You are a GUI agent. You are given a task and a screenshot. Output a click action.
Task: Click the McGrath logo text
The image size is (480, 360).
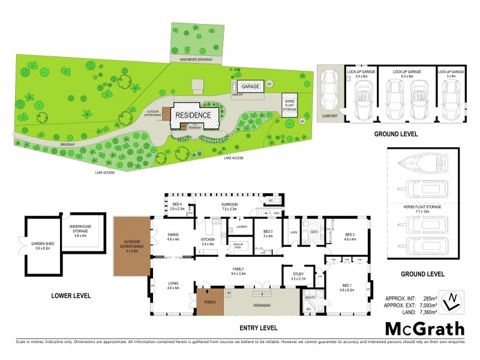pyautogui.click(x=424, y=329)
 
